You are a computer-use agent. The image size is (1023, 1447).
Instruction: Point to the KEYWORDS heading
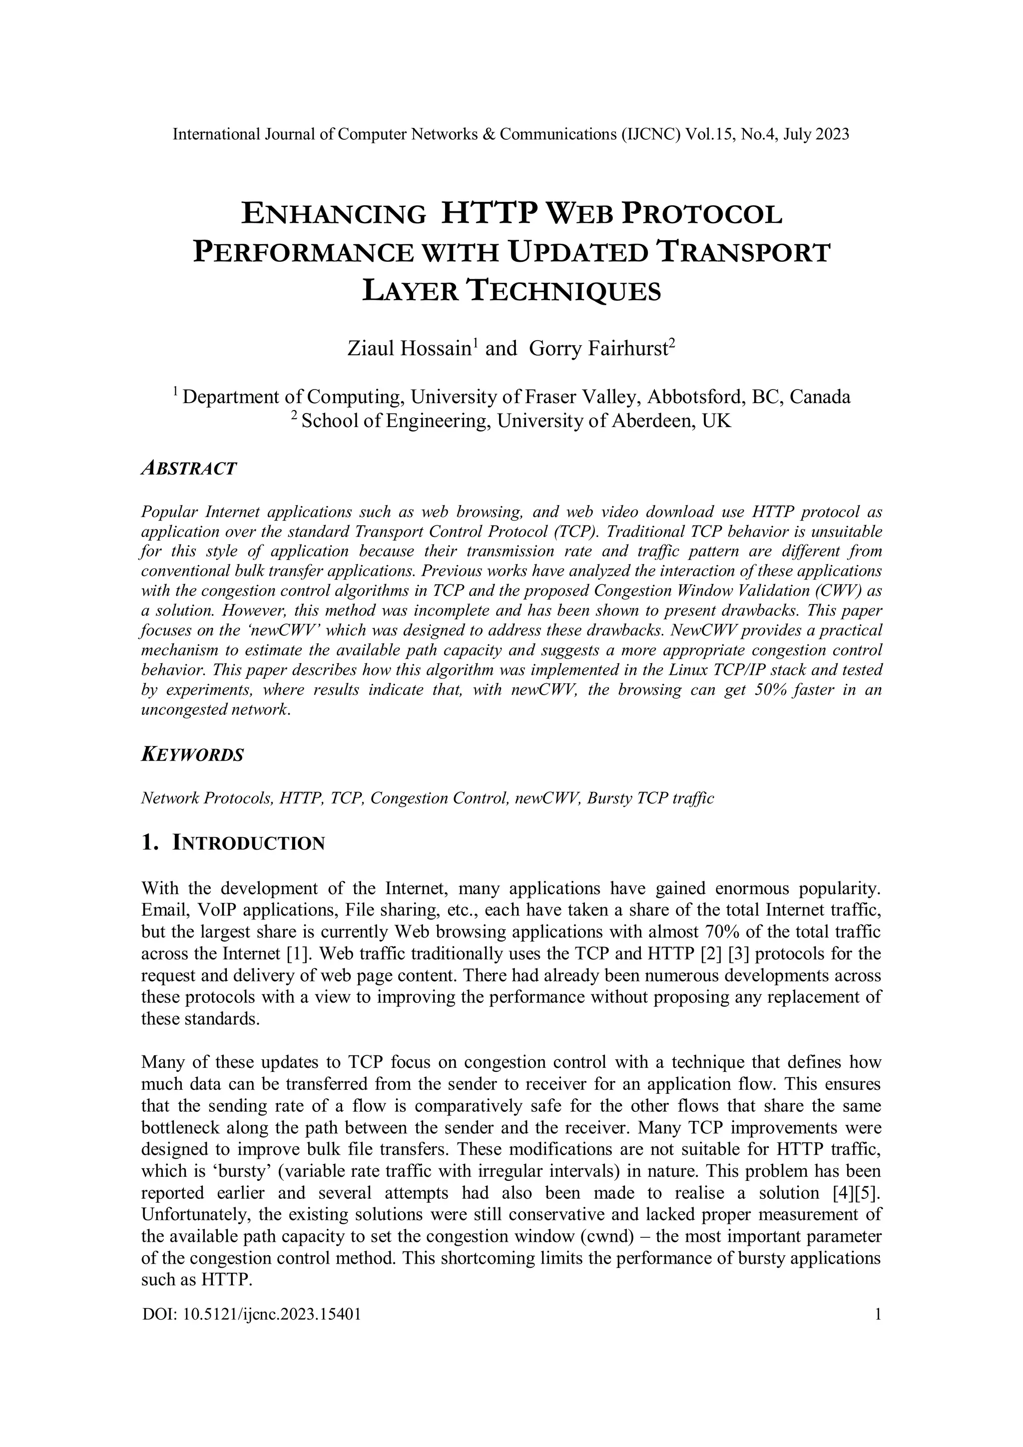(192, 755)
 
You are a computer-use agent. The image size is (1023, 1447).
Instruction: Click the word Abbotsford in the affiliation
(687, 397)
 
